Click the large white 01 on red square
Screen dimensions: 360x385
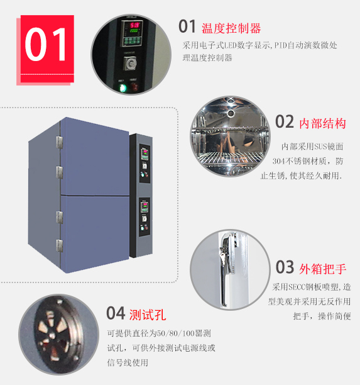(x=45, y=44)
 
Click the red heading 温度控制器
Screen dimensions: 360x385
(x=231, y=28)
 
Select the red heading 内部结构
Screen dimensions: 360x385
(x=323, y=123)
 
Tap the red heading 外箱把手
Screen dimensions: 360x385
(x=323, y=269)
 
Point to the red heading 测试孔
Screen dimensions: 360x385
(x=148, y=315)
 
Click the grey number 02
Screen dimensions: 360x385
(x=285, y=121)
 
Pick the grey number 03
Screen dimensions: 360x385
(x=285, y=267)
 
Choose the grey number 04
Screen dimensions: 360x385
(x=116, y=313)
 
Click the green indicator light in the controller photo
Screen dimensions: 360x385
(x=122, y=87)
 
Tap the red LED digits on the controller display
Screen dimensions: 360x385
(x=134, y=25)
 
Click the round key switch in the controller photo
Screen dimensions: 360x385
(x=130, y=64)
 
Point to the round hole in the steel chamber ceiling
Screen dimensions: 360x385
(x=231, y=113)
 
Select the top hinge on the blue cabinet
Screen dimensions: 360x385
(x=59, y=142)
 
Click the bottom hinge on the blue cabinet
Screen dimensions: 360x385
(x=59, y=246)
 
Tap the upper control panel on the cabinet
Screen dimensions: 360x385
(x=145, y=164)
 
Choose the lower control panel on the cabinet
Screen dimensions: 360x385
(x=145, y=217)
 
